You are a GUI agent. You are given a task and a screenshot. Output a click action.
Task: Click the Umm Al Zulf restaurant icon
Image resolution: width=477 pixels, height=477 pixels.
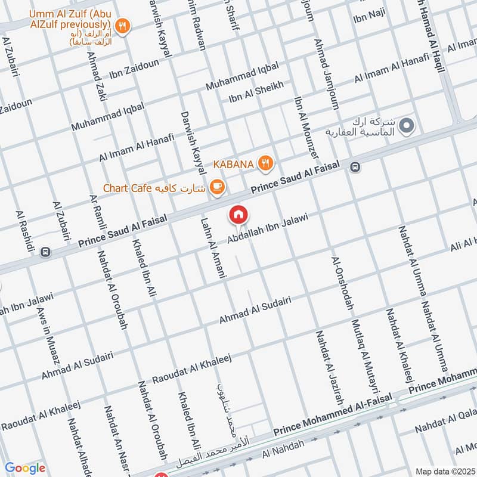pos(123,25)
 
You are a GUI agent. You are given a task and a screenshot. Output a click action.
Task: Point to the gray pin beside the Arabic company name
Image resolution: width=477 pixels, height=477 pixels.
pos(407,126)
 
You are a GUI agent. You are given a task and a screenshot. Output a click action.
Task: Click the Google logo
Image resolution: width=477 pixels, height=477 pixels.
pos(25,468)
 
